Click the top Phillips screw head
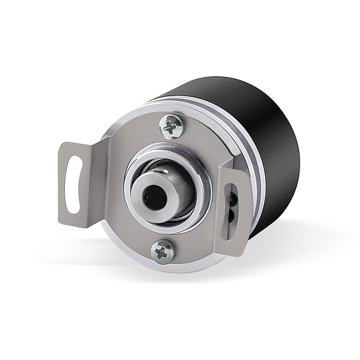click(x=171, y=126)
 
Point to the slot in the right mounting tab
click(x=230, y=209)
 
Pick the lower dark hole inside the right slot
click(x=231, y=216)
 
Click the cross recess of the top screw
click(x=171, y=127)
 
